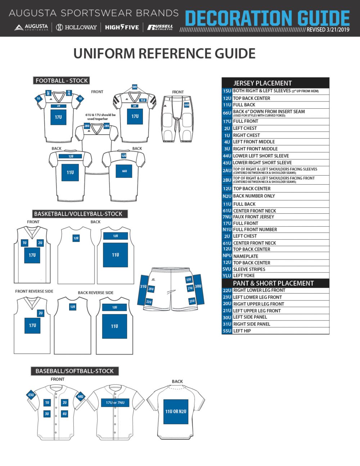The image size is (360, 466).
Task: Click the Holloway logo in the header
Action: (76, 27)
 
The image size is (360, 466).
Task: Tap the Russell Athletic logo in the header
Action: (160, 27)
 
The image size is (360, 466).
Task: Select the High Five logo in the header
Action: (122, 27)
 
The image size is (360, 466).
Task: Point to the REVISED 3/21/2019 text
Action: (328, 30)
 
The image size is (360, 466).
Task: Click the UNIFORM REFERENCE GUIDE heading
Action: (164, 54)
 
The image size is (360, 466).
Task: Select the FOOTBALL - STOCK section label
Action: (62, 81)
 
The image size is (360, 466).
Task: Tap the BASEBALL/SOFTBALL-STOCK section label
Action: (75, 371)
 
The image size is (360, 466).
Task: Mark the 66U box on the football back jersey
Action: (124, 171)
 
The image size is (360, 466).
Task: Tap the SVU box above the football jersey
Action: (135, 87)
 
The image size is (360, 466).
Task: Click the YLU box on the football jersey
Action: (143, 100)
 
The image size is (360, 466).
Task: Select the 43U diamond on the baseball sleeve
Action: (31, 395)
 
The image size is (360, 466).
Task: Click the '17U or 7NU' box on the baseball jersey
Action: (115, 403)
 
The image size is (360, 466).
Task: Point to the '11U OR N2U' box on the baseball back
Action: (176, 412)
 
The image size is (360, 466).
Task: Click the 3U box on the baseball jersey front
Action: (47, 414)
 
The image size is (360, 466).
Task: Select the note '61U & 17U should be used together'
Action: (101, 117)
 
